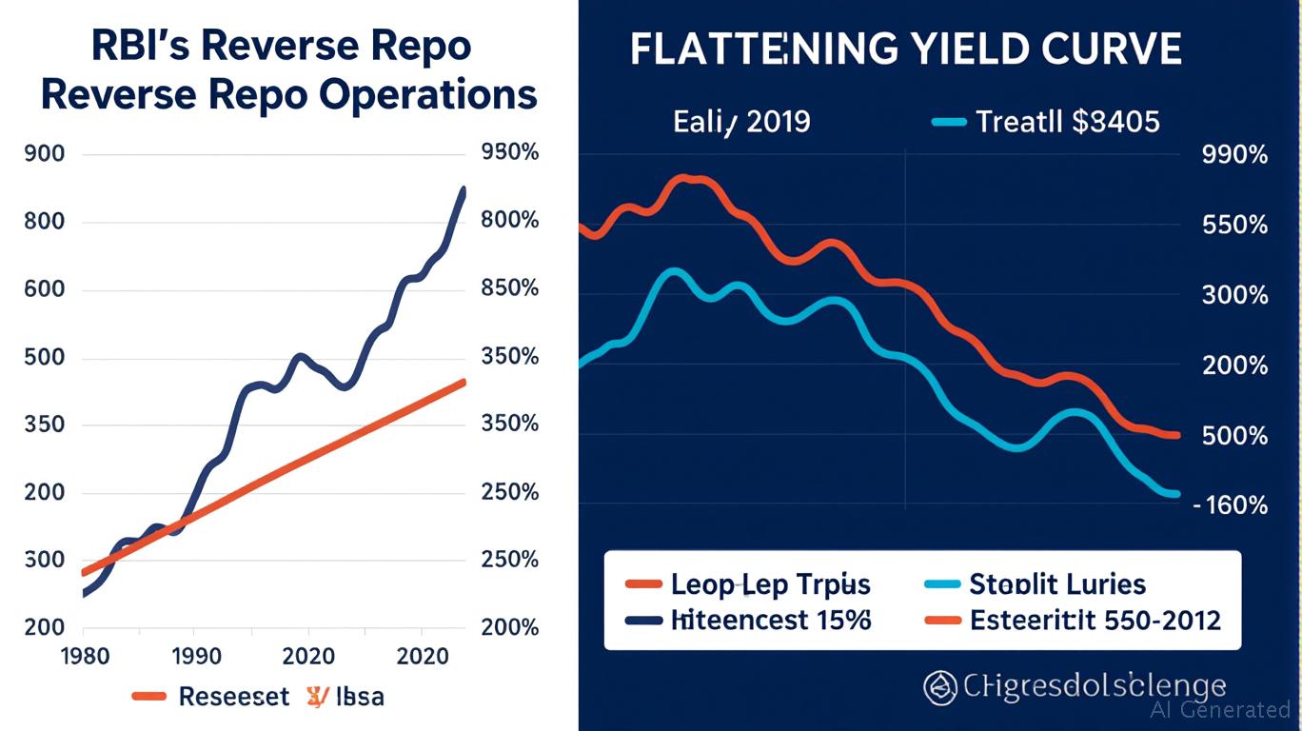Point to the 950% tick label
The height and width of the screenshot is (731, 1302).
[510, 153]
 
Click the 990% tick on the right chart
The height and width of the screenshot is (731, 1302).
[1234, 155]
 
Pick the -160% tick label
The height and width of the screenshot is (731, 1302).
[1232, 505]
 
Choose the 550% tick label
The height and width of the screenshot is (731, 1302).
[1235, 226]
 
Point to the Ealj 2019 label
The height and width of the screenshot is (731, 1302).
[741, 122]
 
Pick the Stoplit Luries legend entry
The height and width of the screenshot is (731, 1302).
[1057, 584]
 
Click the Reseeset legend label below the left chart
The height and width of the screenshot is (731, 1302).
[233, 697]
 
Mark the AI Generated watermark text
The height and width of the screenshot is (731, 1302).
[1219, 710]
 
